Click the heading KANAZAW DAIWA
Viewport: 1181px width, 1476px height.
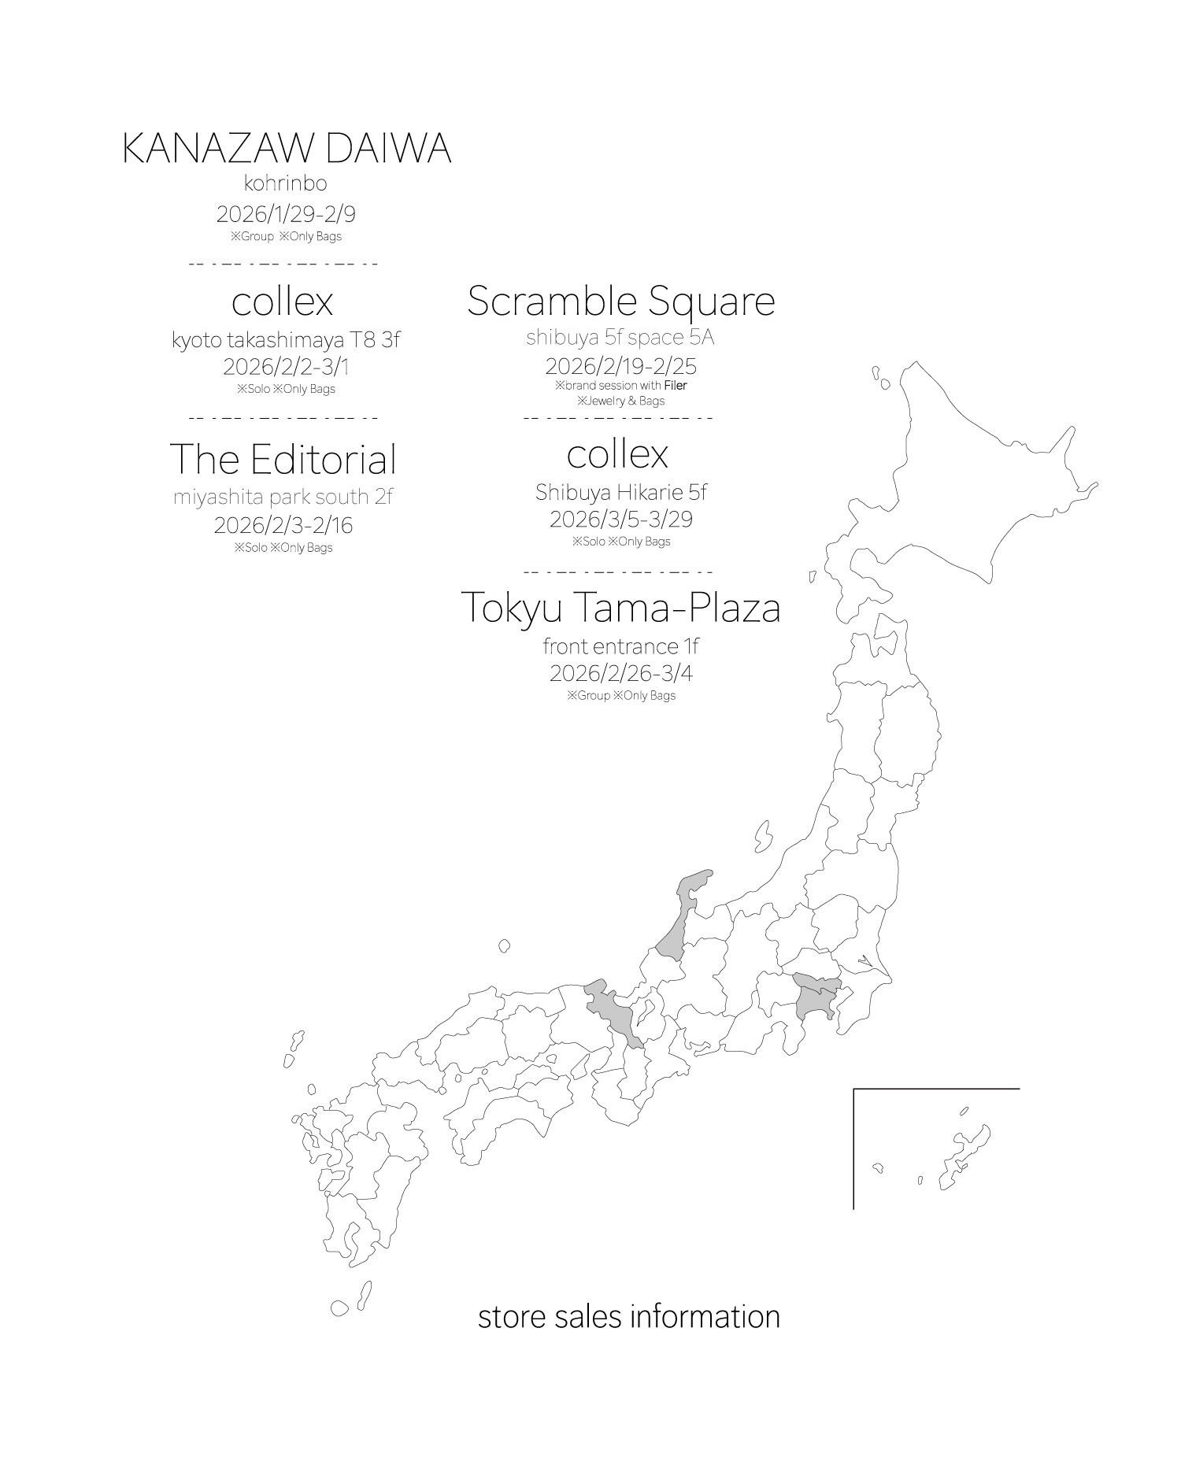click(287, 149)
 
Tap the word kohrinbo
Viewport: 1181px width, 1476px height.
click(285, 183)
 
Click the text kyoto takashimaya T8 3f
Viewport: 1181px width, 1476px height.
click(286, 340)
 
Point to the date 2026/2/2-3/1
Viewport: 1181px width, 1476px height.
click(285, 366)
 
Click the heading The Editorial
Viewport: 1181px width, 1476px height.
click(283, 459)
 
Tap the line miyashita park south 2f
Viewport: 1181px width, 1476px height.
click(283, 497)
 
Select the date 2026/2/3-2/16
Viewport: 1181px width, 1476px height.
click(283, 524)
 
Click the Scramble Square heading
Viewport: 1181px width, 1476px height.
click(620, 301)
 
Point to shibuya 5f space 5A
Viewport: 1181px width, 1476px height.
click(620, 337)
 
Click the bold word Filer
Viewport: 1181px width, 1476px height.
click(676, 386)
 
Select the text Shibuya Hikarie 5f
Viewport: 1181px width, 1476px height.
click(620, 492)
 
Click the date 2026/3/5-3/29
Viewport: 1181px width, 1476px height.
click(620, 519)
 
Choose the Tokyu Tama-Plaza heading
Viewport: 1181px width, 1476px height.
click(620, 607)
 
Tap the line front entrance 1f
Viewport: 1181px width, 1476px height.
click(620, 646)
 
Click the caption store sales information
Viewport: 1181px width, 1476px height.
click(628, 1316)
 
